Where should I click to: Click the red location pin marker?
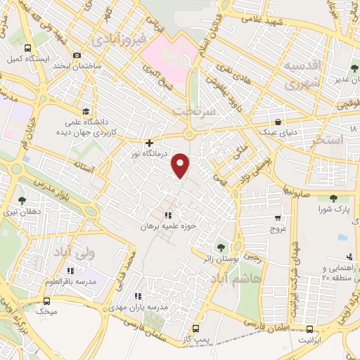[181, 165]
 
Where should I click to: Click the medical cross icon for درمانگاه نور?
[149, 143]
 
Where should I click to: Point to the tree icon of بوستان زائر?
[222, 247]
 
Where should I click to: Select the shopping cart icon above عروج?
[278, 218]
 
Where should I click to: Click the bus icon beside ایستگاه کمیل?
[27, 49]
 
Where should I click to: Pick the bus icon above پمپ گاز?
[195, 328]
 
